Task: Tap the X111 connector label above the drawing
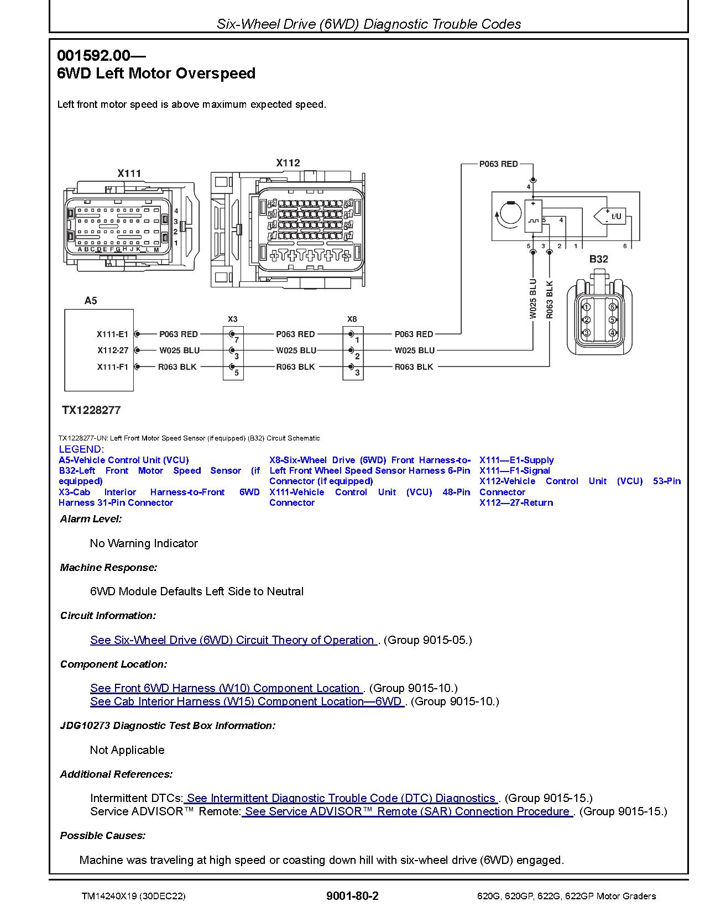pyautogui.click(x=129, y=173)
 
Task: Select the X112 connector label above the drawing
pyautogui.click(x=288, y=163)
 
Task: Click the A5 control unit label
pyautogui.click(x=90, y=301)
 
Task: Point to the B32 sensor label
pyautogui.click(x=598, y=259)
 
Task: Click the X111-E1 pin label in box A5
pyautogui.click(x=112, y=334)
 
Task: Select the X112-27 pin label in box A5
pyautogui.click(x=113, y=350)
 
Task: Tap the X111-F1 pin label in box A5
pyautogui.click(x=112, y=366)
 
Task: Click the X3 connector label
pyautogui.click(x=232, y=319)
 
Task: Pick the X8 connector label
pyautogui.click(x=352, y=319)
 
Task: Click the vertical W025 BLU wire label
pyautogui.click(x=533, y=298)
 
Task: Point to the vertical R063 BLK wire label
pyautogui.click(x=550, y=298)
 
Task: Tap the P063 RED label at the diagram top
pyautogui.click(x=498, y=164)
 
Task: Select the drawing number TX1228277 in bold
pyautogui.click(x=91, y=410)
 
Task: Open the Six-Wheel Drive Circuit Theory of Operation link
pyautogui.click(x=232, y=640)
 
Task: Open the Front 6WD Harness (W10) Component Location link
pyautogui.click(x=225, y=688)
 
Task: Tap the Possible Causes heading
pyautogui.click(x=103, y=835)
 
